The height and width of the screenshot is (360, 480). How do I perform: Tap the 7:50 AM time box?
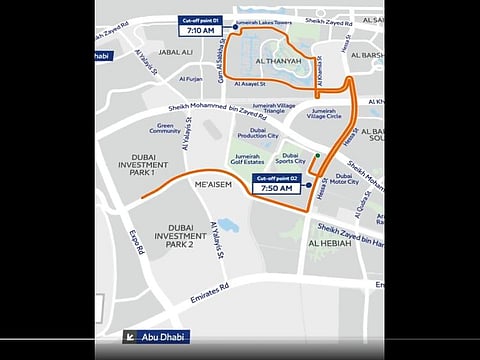pyautogui.click(x=276, y=187)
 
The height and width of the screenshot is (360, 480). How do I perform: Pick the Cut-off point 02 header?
pyautogui.click(x=276, y=176)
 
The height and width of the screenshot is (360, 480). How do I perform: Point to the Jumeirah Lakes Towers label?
pyautogui.click(x=263, y=20)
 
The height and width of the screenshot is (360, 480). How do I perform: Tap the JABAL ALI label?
pyautogui.click(x=175, y=52)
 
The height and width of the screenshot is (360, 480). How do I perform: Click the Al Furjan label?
pyautogui.click(x=192, y=78)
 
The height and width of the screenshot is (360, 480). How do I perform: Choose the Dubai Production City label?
pyautogui.click(x=257, y=135)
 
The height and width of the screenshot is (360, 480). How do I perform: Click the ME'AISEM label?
pyautogui.click(x=213, y=183)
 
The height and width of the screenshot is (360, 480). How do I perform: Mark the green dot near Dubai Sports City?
pyautogui.click(x=318, y=156)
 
